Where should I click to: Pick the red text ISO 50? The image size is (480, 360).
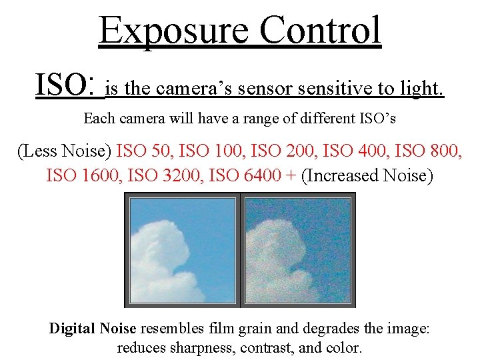(143, 151)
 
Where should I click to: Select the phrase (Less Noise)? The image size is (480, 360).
(64, 151)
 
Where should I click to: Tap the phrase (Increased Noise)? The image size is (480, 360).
(367, 176)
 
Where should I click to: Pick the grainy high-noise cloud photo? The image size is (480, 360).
(297, 250)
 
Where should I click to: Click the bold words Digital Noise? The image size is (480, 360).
(93, 329)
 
